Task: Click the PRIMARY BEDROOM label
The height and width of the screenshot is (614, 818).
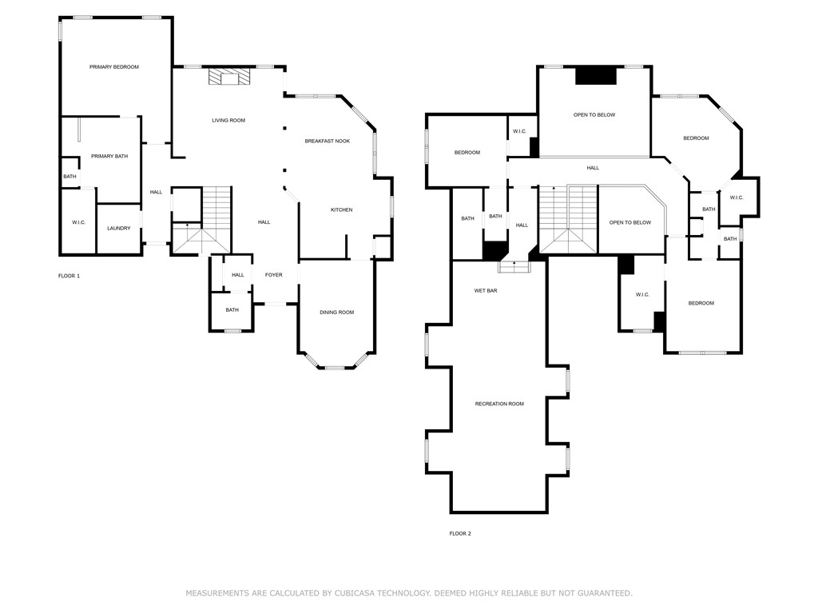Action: point(113,67)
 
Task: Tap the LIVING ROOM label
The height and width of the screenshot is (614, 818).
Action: point(228,121)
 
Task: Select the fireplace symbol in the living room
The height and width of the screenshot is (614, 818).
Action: point(229,76)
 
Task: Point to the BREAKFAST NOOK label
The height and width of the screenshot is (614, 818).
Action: point(327,141)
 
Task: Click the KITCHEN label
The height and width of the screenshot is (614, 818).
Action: point(342,210)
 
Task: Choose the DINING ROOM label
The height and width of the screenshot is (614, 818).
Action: point(336,313)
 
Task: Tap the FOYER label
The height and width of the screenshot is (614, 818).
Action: point(273,275)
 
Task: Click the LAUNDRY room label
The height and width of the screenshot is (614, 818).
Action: point(118,228)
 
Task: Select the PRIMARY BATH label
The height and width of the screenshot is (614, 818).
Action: point(109,156)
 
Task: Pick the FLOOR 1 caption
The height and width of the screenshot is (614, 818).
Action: point(69,276)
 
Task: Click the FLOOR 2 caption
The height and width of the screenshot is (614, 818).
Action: point(460,533)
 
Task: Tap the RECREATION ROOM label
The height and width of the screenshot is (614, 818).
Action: point(499,404)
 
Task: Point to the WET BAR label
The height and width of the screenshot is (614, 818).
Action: point(485,290)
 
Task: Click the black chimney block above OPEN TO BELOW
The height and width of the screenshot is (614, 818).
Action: point(596,76)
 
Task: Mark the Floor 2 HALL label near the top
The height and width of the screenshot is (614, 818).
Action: point(593,168)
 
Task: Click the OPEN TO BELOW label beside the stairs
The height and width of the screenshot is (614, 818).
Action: point(630,222)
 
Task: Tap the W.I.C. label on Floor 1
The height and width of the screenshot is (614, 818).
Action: point(79,222)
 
